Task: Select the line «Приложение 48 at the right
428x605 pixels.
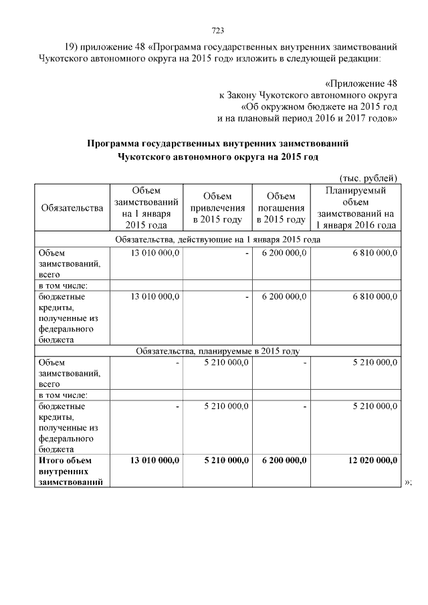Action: coord(360,84)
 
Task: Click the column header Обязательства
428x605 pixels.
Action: coord(72,208)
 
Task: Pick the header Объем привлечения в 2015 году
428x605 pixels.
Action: coord(217,208)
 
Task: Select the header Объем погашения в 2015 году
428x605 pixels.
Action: coord(281,208)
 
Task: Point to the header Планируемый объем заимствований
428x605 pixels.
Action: coord(356,208)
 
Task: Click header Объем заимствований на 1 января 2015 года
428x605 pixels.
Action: coord(146,208)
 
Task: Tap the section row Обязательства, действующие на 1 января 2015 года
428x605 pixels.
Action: coord(217,239)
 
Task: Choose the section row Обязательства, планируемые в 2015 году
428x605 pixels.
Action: coord(217,350)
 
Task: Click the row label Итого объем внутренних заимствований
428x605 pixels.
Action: coord(71,471)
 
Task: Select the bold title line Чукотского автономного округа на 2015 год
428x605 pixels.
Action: coord(218,156)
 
